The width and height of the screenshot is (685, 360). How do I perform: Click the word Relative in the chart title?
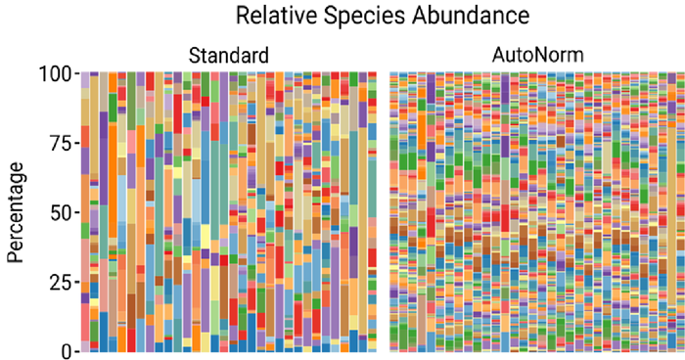click(272, 16)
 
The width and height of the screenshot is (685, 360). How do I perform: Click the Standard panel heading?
click(229, 55)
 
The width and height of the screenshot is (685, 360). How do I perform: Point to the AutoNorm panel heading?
click(537, 55)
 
